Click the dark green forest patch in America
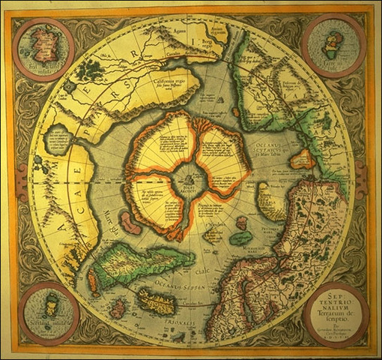tap(91, 70)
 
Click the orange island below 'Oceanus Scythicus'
tap(301, 159)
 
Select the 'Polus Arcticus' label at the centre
tap(190, 189)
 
